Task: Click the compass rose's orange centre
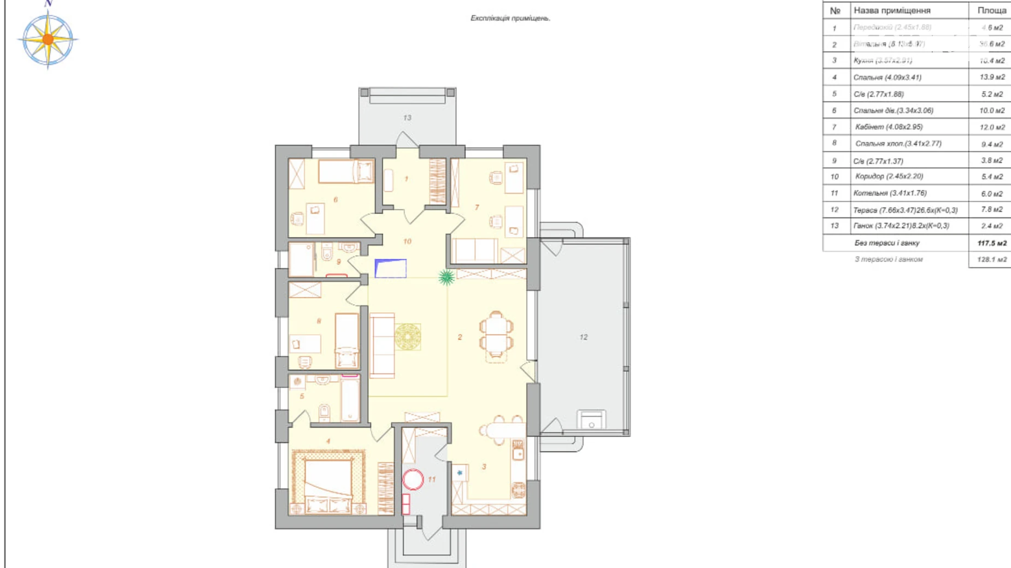click(48, 39)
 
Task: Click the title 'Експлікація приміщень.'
click(510, 18)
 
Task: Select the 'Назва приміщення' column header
click(892, 10)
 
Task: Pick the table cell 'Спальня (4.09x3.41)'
click(887, 78)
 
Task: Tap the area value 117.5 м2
click(991, 243)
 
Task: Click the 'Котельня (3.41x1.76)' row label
click(890, 193)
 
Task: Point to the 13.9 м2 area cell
click(991, 78)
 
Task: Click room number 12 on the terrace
click(583, 337)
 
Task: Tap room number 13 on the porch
click(407, 117)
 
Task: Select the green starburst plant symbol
click(446, 277)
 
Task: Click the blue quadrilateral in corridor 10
click(391, 268)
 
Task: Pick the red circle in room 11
click(413, 480)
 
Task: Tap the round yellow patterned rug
click(408, 336)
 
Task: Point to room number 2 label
click(460, 337)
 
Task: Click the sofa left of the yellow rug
click(382, 346)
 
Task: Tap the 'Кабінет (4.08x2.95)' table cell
click(889, 127)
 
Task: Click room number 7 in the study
click(477, 208)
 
